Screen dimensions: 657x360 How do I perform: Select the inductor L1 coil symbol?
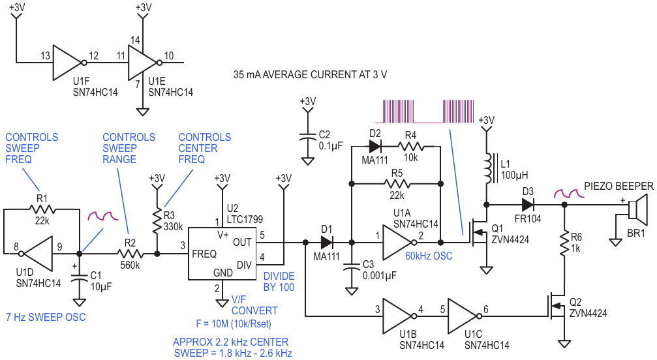coord(489,169)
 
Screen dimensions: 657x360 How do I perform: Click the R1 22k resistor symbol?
coord(42,209)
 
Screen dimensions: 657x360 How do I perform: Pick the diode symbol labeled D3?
coord(528,205)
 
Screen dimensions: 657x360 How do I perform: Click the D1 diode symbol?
coord(327,242)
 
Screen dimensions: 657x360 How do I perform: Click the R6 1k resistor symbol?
coord(564,243)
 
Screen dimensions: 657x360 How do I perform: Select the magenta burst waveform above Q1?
coord(428,112)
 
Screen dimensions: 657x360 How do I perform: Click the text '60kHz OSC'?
coord(429,256)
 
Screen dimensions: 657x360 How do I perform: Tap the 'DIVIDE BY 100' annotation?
coord(279,282)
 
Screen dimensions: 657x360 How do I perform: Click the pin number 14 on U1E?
coord(135,40)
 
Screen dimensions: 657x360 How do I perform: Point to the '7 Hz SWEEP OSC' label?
coord(46,317)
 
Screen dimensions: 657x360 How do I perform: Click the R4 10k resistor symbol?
coord(410,147)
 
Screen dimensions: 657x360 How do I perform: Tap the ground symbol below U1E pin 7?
coord(143,112)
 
